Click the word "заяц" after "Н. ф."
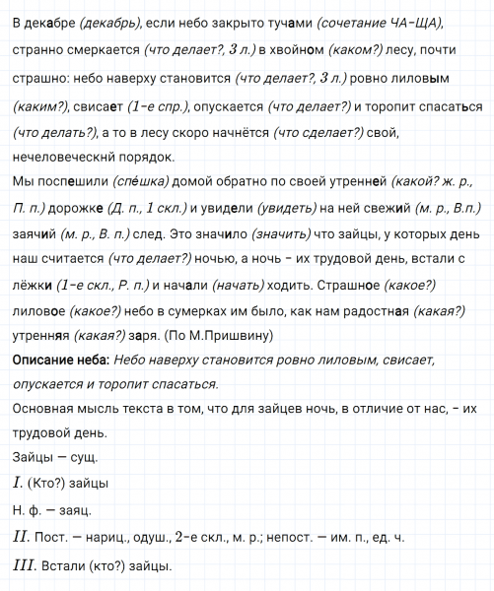pos(73,510)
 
